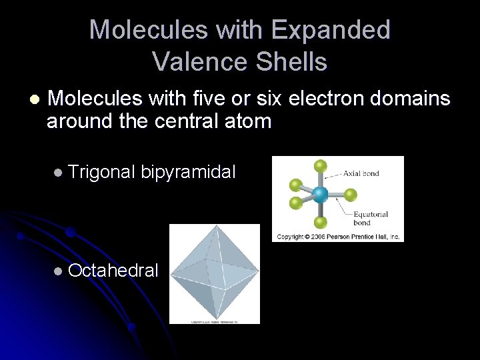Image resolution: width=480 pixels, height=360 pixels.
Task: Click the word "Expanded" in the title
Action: click(331, 30)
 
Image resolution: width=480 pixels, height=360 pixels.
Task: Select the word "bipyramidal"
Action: click(188, 172)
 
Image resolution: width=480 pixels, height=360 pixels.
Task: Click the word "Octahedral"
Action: click(113, 270)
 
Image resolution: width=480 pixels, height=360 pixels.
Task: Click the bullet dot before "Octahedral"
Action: click(59, 271)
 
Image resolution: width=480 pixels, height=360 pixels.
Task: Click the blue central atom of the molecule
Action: click(321, 195)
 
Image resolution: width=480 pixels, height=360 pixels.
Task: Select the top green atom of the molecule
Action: click(321, 165)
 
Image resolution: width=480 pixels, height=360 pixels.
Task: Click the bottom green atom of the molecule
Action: click(321, 223)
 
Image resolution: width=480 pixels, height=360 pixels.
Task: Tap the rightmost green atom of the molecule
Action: click(351, 195)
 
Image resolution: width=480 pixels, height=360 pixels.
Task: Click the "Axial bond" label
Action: click(361, 173)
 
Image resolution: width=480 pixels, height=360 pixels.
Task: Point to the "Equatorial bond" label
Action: click(371, 218)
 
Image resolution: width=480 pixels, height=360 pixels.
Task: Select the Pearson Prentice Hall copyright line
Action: click(338, 237)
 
